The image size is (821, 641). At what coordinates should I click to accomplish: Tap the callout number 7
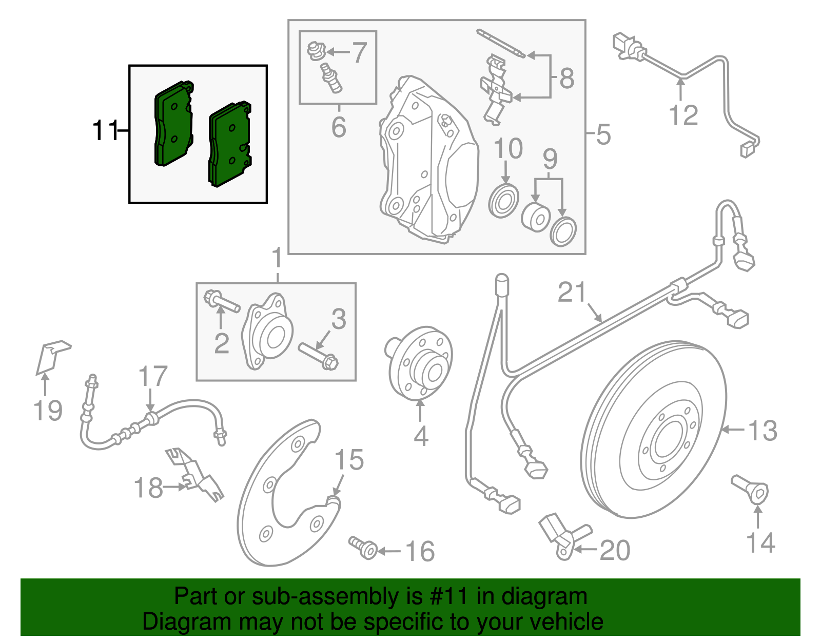click(x=359, y=52)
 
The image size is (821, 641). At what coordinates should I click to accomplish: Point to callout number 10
click(x=508, y=148)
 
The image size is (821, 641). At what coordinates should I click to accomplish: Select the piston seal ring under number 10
click(x=503, y=202)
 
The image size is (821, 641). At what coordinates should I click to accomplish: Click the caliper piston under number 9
click(x=535, y=218)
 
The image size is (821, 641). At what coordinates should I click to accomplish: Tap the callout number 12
click(x=683, y=115)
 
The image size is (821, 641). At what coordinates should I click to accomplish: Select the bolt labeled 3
click(x=318, y=356)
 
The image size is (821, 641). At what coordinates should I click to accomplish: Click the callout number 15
click(x=349, y=460)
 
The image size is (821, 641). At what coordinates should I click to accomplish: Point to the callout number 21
click(x=572, y=293)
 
